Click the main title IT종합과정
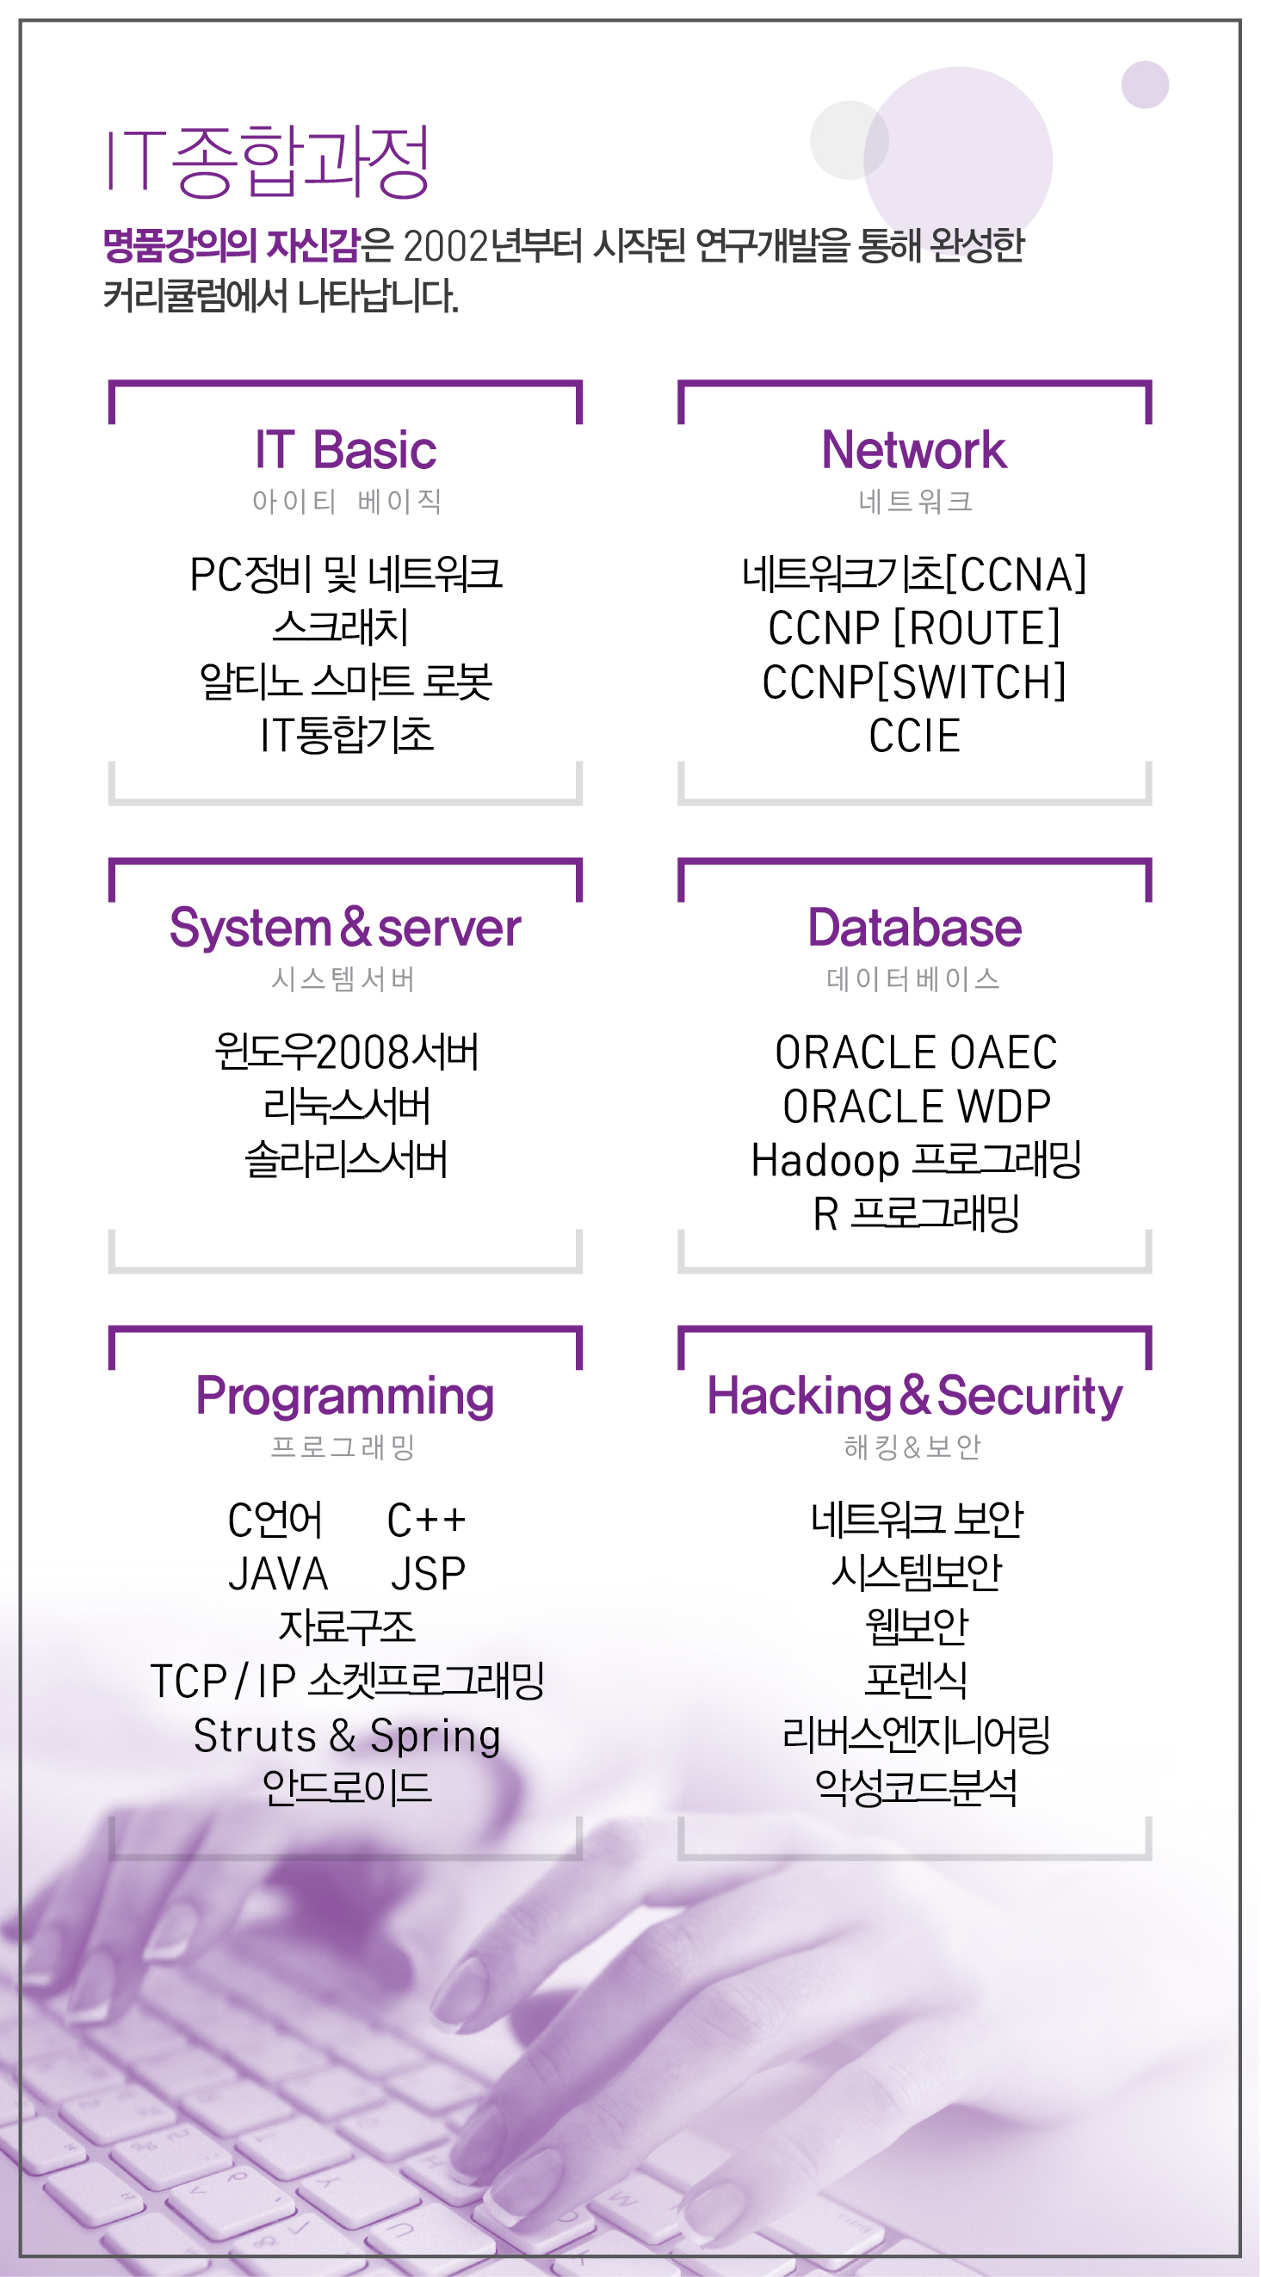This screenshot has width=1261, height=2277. (268, 162)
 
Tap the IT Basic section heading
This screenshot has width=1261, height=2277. (345, 450)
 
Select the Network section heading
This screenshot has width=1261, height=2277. (913, 450)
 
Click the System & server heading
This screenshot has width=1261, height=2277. (345, 928)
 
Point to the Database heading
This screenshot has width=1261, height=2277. (914, 928)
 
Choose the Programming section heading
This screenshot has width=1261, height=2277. (345, 1396)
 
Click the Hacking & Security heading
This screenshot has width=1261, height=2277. (914, 1396)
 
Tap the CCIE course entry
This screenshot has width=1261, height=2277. (914, 736)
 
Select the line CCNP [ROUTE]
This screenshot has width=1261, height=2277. (914, 627)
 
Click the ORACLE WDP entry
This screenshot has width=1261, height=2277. (916, 1107)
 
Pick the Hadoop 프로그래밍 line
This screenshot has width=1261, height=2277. (916, 1160)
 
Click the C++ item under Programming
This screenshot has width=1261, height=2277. (426, 1521)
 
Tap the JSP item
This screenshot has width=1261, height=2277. (428, 1574)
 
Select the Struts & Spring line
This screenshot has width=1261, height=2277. (347, 1735)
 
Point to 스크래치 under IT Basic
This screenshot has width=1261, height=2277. (342, 627)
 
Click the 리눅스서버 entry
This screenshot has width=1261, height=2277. (347, 1107)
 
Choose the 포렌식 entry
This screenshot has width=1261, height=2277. (916, 1681)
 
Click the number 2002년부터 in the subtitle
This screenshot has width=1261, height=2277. (491, 246)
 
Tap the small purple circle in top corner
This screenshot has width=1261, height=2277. (1144, 85)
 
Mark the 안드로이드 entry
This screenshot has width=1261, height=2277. (347, 1788)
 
